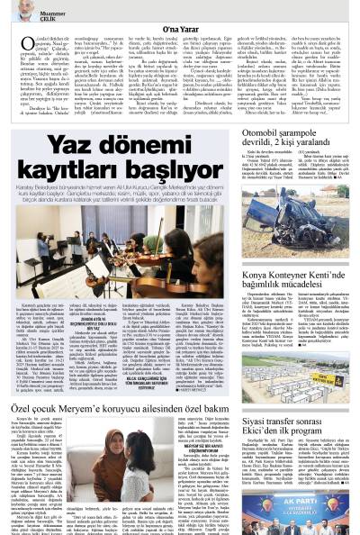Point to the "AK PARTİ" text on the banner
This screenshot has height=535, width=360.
[306, 493]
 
